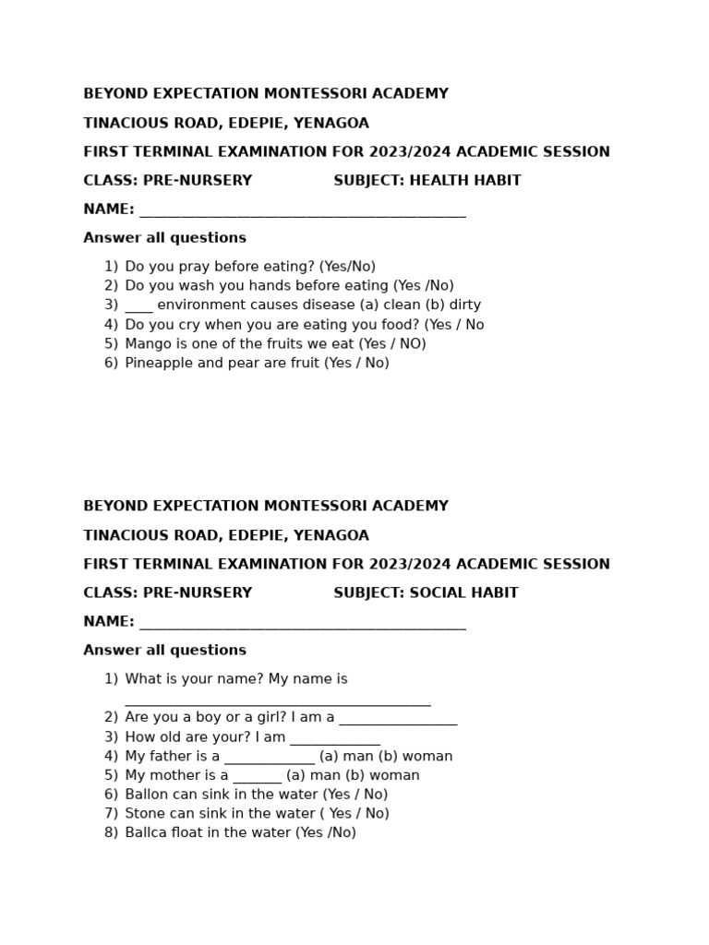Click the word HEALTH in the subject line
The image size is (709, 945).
437,181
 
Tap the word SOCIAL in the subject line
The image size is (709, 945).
435,593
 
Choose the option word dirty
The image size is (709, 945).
465,305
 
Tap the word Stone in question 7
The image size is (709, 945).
146,814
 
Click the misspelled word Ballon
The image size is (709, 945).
148,795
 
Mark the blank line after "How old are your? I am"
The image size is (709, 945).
335,740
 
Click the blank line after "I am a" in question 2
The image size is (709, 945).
398,721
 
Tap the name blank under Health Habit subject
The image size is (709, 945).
302,212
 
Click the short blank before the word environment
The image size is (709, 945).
138,308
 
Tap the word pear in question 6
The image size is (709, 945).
237,364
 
